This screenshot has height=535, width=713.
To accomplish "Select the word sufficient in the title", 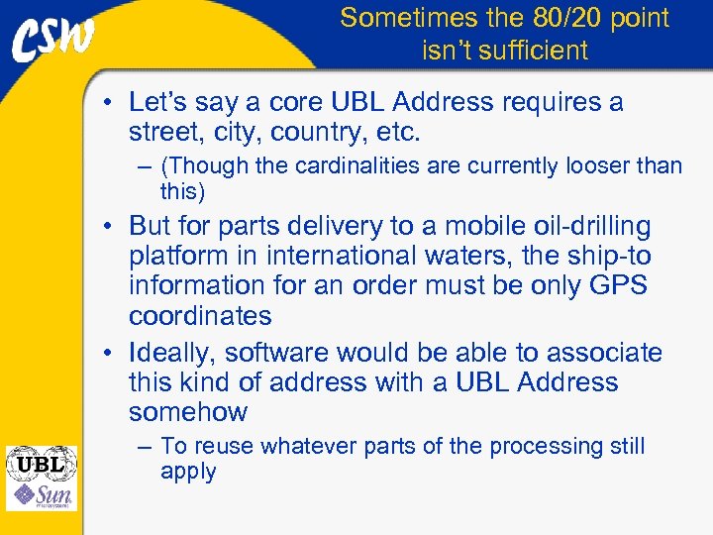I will coord(533,50).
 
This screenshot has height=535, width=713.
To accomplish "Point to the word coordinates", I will coord(200,316).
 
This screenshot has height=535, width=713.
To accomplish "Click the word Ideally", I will coord(172,353).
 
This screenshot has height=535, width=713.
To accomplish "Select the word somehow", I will coord(188,412).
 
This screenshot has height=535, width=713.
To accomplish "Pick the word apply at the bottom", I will coord(188,472).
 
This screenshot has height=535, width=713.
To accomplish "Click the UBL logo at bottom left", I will coord(41,462).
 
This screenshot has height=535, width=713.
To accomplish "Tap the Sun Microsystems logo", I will coord(41,495).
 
